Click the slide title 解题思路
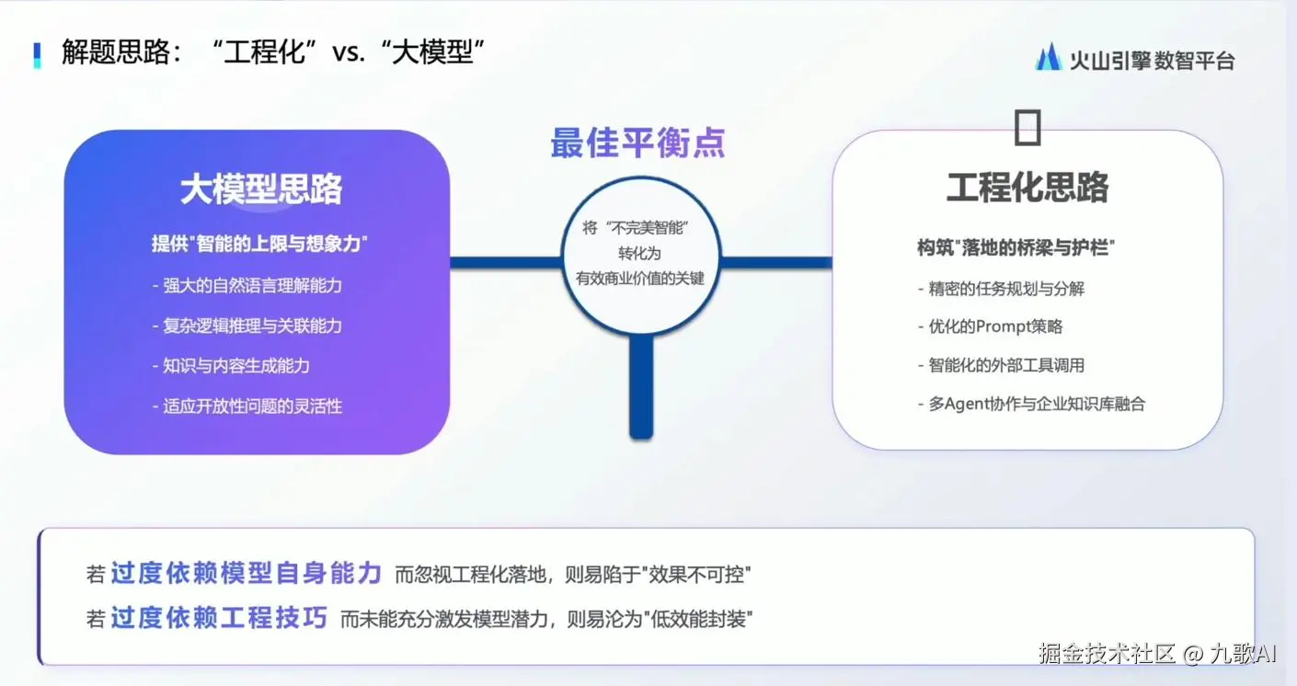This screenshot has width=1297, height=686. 116,52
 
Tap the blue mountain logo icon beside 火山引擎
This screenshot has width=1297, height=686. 1048,57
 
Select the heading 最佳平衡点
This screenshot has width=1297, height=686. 637,143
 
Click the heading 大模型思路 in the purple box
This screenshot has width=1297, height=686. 261,189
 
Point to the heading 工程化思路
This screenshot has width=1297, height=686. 1027,187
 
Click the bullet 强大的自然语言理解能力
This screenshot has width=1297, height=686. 247,285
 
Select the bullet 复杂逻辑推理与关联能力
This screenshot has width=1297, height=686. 247,326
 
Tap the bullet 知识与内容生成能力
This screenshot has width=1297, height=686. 231,366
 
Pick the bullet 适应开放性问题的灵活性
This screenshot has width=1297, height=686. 247,406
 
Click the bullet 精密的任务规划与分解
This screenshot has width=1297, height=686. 1001,289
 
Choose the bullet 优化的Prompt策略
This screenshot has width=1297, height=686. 991,326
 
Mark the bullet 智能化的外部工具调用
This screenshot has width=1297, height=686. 1001,365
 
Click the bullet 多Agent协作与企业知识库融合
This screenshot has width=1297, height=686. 1032,404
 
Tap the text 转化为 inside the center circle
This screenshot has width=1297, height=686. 640,253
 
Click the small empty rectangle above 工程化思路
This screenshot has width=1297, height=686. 1027,127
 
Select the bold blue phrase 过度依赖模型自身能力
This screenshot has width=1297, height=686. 247,573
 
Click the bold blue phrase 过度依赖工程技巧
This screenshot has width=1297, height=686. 219,618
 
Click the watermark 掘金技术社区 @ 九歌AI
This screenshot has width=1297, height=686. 1157,654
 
